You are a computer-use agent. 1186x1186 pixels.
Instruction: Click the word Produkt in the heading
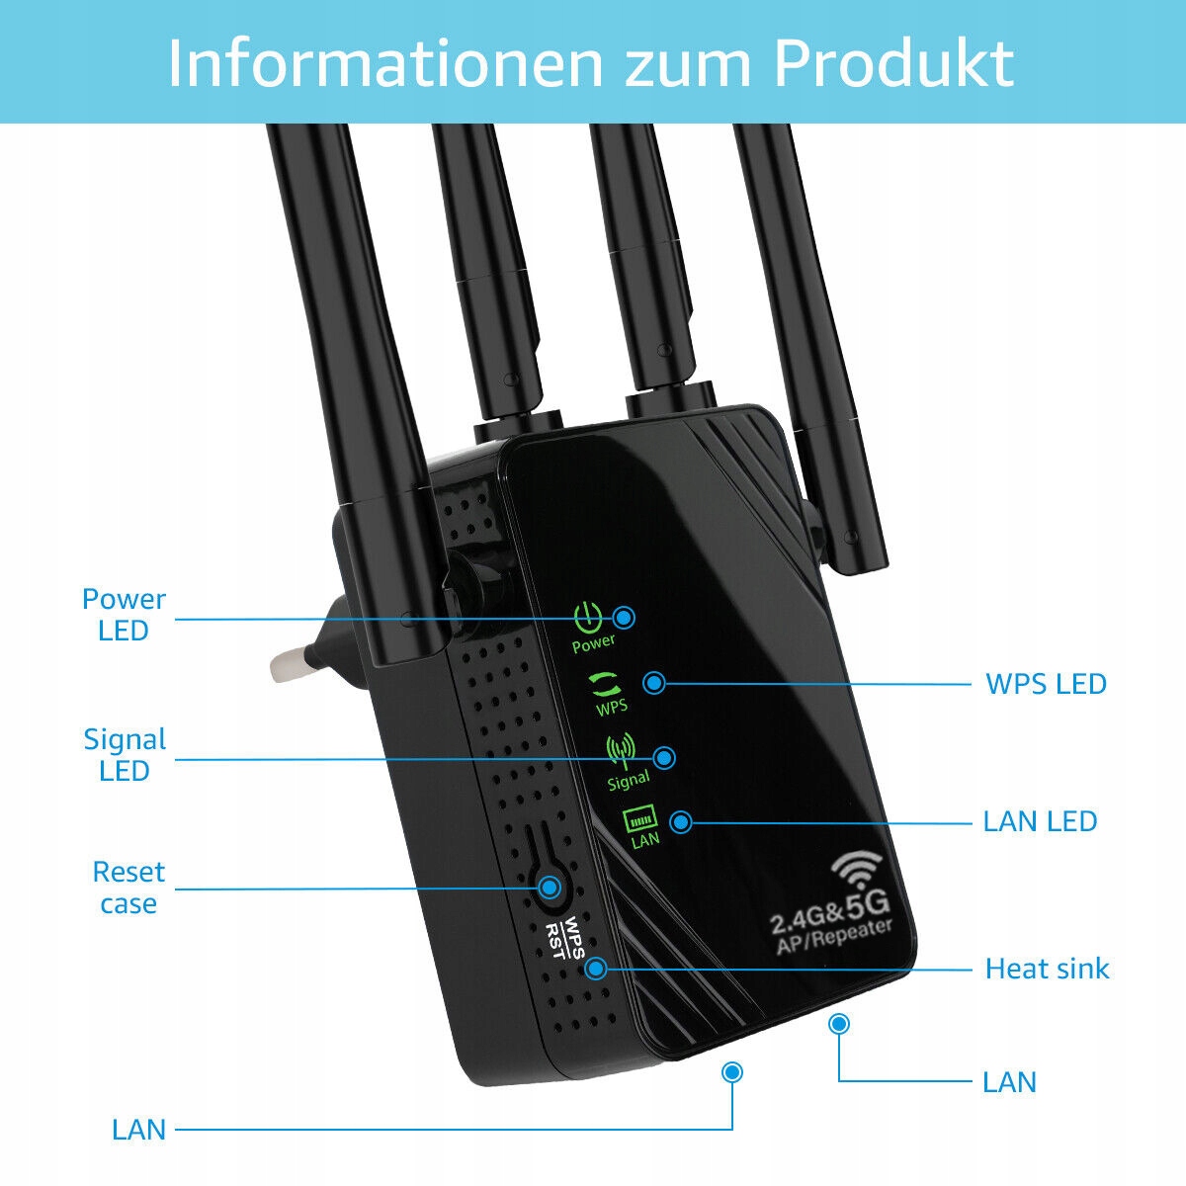click(x=892, y=63)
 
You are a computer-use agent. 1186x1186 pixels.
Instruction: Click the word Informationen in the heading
click(x=385, y=63)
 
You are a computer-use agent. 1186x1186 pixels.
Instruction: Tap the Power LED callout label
click(x=124, y=614)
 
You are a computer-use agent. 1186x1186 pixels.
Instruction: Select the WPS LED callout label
click(x=1046, y=684)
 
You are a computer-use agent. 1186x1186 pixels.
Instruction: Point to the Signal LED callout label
click(x=125, y=754)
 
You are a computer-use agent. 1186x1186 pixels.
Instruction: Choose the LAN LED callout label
click(x=1040, y=821)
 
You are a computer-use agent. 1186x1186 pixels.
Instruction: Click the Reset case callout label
click(x=128, y=887)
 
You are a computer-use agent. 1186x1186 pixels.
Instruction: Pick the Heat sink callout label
click(x=1047, y=969)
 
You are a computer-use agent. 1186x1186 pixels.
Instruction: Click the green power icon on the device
click(x=588, y=619)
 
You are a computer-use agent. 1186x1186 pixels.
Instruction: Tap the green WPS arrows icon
click(x=605, y=683)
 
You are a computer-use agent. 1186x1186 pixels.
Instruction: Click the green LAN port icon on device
click(x=639, y=818)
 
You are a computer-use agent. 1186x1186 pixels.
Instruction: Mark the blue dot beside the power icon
click(x=624, y=618)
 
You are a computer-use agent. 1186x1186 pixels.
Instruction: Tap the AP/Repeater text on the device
click(x=835, y=937)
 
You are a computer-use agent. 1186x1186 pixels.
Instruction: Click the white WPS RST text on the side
click(x=565, y=939)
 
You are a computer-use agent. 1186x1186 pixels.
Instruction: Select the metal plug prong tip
click(x=282, y=665)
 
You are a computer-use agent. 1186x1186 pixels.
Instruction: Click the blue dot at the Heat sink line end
click(x=595, y=969)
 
